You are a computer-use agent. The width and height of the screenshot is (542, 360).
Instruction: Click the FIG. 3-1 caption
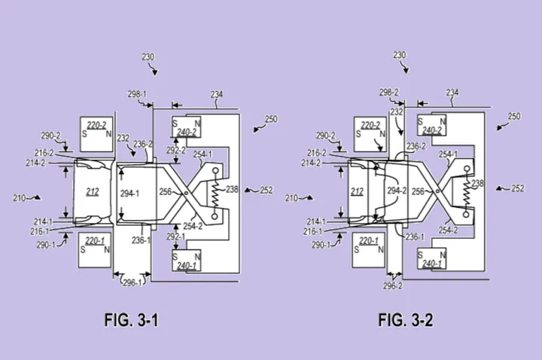tap(131, 320)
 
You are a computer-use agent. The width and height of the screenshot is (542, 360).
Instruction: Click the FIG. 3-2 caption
tap(406, 320)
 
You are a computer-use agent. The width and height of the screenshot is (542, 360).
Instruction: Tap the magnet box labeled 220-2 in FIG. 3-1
tap(96, 134)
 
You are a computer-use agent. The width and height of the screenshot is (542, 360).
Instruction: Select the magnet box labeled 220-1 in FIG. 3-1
tap(95, 250)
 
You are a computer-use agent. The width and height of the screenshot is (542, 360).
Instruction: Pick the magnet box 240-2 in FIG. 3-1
tap(187, 127)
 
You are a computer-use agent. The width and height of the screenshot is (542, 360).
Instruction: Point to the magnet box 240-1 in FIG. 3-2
tap(432, 258)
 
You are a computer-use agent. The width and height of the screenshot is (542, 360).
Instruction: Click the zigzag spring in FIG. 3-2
tap(467, 191)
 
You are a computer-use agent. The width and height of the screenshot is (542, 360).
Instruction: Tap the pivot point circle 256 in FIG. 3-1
tap(186, 194)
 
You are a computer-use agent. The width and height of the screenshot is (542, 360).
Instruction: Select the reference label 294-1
tap(129, 194)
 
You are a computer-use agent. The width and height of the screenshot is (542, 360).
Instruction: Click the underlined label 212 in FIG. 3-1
tap(93, 192)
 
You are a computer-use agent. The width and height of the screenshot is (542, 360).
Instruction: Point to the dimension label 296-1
tap(132, 282)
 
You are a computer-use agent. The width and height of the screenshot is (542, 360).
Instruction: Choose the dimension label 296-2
tap(393, 286)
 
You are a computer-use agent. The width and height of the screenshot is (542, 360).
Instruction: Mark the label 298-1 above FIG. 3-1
tap(137, 94)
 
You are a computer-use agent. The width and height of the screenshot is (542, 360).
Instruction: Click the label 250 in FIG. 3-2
tap(513, 117)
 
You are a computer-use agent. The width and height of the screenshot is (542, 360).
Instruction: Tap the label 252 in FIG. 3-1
tap(266, 191)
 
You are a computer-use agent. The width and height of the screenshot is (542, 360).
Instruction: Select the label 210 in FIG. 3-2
tap(292, 198)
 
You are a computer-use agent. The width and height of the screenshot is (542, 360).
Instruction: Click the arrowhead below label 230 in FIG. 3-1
tap(155, 72)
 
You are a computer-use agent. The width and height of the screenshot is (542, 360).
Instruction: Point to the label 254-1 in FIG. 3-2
tap(449, 154)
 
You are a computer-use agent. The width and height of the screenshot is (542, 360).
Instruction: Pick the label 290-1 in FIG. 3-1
tap(46, 246)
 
